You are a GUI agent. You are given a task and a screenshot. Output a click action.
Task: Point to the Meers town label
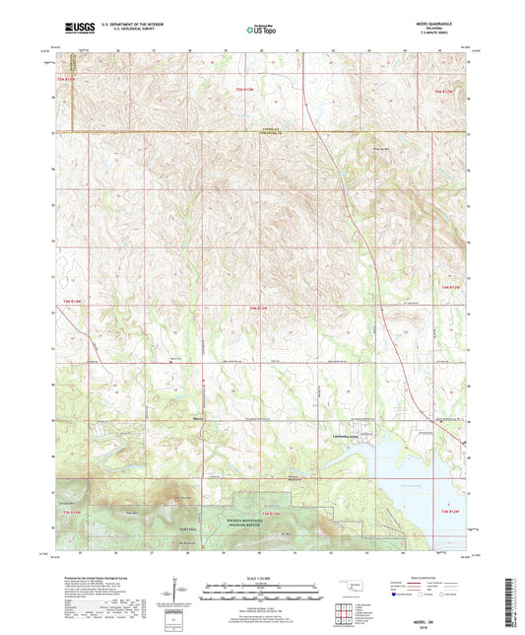point(197,417)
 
